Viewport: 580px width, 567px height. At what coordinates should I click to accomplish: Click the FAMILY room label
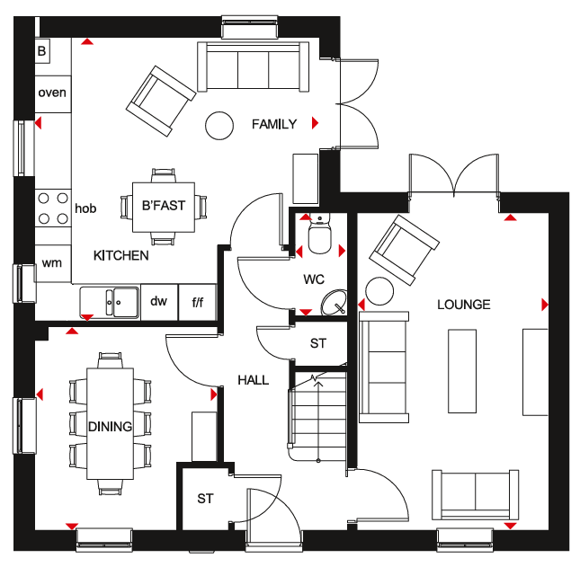coord(274,124)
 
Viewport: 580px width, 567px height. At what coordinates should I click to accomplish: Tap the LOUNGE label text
coord(464,305)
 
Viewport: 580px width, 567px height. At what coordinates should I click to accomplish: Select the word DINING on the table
coord(111,427)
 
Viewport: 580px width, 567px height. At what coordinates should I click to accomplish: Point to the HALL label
coord(253,380)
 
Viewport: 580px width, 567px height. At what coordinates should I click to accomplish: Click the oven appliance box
coord(53,93)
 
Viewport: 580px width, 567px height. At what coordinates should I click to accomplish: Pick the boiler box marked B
coord(42,50)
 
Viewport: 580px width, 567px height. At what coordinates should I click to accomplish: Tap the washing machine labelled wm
coord(53,263)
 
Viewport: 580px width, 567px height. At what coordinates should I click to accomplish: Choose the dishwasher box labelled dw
coord(159,302)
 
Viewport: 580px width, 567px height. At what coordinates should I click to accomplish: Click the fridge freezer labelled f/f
coord(198,302)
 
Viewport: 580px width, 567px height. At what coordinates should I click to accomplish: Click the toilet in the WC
coord(320,234)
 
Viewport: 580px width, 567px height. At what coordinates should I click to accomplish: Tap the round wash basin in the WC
coord(335,303)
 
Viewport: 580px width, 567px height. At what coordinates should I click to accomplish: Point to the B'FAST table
coord(164,207)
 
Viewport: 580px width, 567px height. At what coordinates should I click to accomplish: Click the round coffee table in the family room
coord(219,126)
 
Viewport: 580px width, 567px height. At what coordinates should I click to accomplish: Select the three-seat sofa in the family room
coord(253,66)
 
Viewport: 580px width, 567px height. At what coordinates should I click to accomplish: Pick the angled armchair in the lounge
coord(405,250)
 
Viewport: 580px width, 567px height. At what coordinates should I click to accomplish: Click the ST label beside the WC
coord(318,343)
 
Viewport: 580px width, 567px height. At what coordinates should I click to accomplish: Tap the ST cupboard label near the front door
coord(205,499)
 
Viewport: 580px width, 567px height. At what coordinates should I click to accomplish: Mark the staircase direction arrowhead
coord(318,385)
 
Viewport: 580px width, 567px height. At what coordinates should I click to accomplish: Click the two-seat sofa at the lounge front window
coord(476,494)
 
